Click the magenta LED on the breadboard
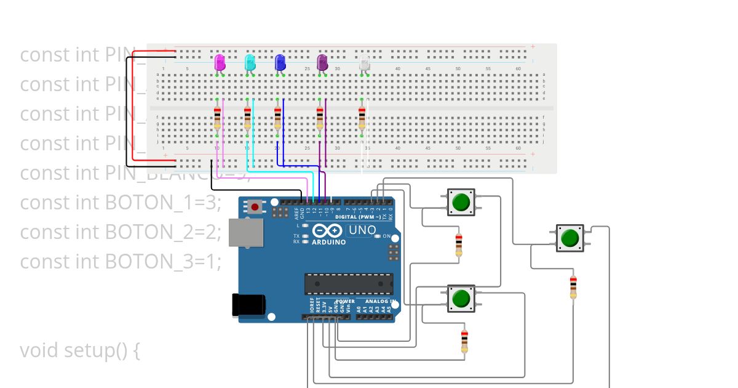[x=220, y=63]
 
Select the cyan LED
[x=250, y=63]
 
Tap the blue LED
[x=280, y=63]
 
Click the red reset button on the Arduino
[x=255, y=206]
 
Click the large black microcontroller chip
[x=348, y=283]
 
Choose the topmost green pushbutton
[x=461, y=201]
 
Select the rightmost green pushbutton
[x=570, y=238]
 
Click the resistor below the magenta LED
[x=217, y=118]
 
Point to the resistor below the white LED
[x=362, y=118]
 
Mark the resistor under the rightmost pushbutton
[x=573, y=287]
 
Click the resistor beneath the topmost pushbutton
[x=458, y=245]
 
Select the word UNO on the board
[x=362, y=231]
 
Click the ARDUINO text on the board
[x=328, y=242]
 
